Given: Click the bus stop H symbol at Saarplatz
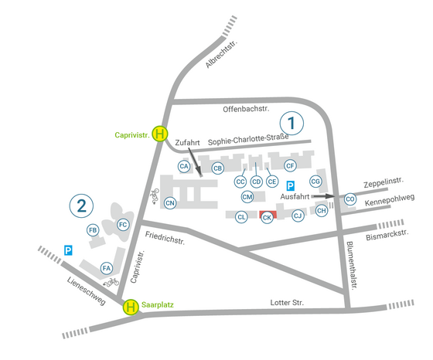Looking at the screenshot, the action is (131, 307).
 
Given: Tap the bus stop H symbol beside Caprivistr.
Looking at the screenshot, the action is (160, 134).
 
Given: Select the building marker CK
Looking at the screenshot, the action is (267, 218).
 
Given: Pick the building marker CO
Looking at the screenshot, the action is (349, 199).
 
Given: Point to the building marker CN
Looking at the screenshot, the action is (170, 203).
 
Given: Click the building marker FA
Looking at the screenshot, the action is (107, 268).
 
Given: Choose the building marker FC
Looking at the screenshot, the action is (123, 225).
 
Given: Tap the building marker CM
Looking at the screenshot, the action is (247, 197).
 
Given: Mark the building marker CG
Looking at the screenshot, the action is (315, 182).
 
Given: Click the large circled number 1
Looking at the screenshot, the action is (292, 123).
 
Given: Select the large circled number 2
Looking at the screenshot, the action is (81, 205).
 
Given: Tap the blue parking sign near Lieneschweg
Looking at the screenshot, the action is (68, 250).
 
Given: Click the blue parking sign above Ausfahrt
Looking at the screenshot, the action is (290, 186).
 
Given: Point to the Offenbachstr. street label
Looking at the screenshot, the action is (246, 109).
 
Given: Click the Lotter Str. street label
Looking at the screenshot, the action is (287, 303).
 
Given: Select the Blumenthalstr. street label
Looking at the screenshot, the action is (351, 265).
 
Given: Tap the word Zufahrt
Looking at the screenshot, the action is (187, 143).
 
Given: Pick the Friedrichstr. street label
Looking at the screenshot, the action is (165, 238).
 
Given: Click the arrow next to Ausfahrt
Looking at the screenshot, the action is (323, 196).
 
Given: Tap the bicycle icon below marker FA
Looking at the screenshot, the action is (111, 282).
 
